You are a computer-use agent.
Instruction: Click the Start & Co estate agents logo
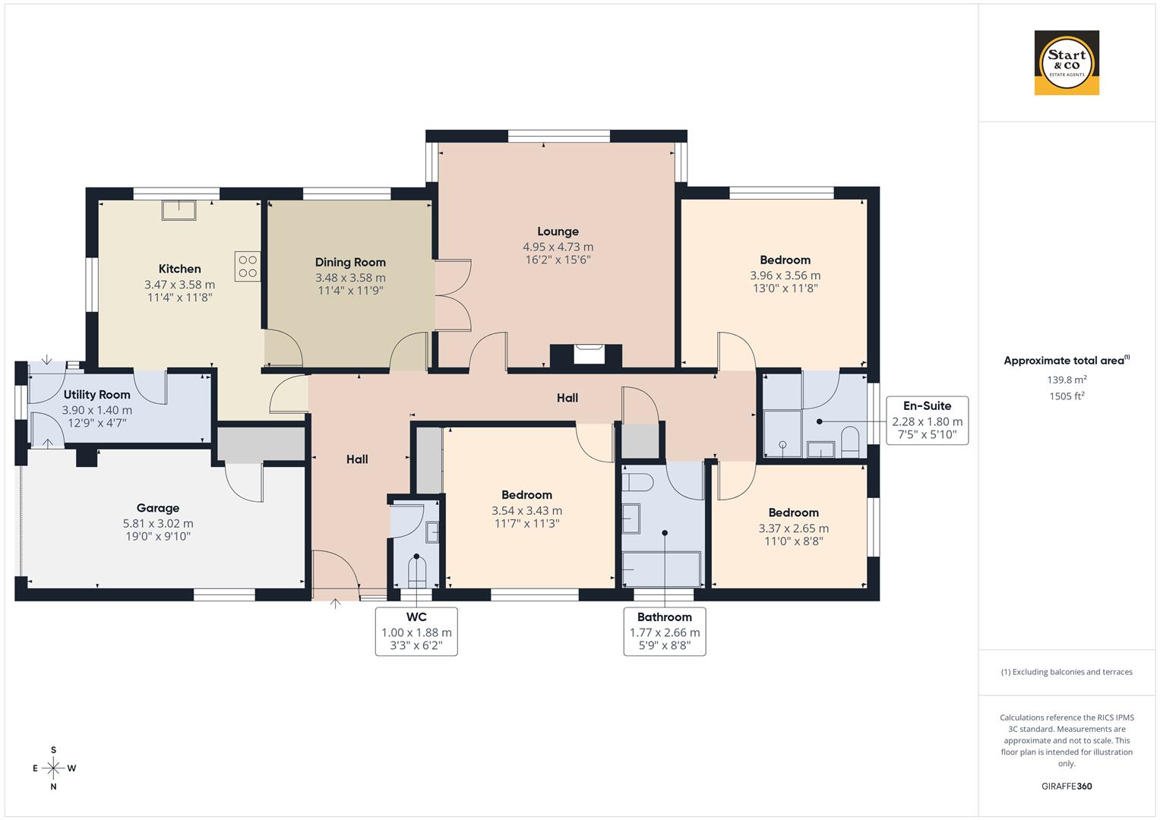coord(1066,63)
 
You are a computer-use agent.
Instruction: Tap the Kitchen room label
coord(179,269)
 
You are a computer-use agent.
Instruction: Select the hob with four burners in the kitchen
coord(248,266)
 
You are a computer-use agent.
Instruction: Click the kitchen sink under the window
coord(179,210)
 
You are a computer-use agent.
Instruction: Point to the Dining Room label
coord(350,263)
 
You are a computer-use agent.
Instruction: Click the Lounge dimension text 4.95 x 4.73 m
coord(558,247)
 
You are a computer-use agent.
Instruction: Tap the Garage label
coord(158,508)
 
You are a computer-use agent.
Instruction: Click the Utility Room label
coord(96,395)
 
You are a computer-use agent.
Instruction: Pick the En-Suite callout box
coord(927,420)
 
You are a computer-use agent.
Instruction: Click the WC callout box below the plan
coord(416,631)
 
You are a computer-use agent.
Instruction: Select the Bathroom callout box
coord(665,631)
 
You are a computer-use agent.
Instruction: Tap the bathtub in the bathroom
coord(661,569)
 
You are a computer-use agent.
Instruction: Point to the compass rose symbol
coord(53,768)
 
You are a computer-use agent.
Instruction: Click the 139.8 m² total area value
coord(1066,380)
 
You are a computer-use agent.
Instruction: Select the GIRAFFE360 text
coord(1066,786)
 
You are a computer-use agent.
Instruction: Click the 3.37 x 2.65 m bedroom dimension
coord(793,528)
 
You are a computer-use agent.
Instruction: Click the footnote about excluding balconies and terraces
coord(1066,672)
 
